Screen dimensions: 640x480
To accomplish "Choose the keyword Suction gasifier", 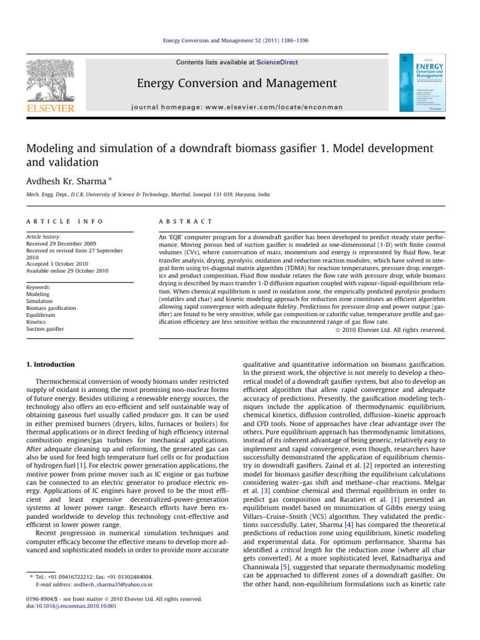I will tap(46, 328).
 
